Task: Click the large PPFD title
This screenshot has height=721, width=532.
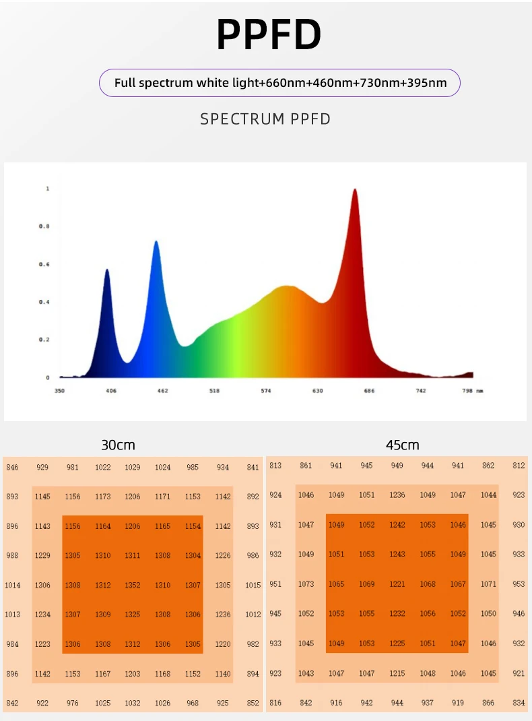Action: [269, 35]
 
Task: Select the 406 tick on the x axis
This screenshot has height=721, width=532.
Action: [111, 391]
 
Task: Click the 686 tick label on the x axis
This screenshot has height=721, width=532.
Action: [369, 391]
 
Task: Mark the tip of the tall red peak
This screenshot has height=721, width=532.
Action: [355, 190]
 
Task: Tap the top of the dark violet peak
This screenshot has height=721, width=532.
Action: [107, 270]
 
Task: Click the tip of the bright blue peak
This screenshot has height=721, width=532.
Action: [156, 241]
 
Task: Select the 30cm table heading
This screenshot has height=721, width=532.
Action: [118, 445]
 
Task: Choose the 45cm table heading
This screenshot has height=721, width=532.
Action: [402, 445]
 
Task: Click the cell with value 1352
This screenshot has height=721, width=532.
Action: [133, 586]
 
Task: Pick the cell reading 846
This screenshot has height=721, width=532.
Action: [12, 467]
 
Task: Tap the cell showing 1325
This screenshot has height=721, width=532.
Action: [133, 615]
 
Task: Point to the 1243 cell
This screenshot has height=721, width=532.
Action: [397, 555]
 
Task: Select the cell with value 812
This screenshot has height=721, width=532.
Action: [519, 466]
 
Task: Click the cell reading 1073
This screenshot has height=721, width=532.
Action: [306, 584]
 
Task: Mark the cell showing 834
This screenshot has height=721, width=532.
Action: [519, 703]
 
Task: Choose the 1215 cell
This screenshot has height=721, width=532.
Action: [397, 673]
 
